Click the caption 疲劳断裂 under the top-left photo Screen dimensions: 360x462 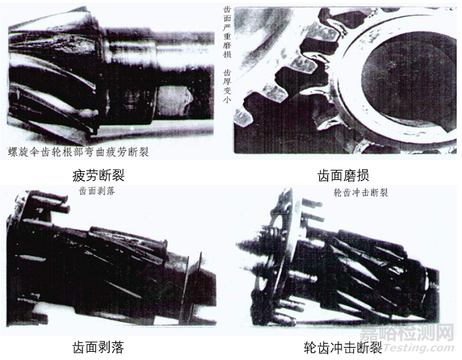tap(99, 175)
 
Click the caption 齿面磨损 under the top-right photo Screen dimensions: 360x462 tap(343, 175)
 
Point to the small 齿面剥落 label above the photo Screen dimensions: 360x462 tap(96, 192)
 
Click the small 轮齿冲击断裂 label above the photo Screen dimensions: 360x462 tap(360, 192)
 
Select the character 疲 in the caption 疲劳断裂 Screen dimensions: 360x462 tap(79, 175)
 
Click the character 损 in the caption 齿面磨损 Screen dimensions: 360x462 tap(368, 175)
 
